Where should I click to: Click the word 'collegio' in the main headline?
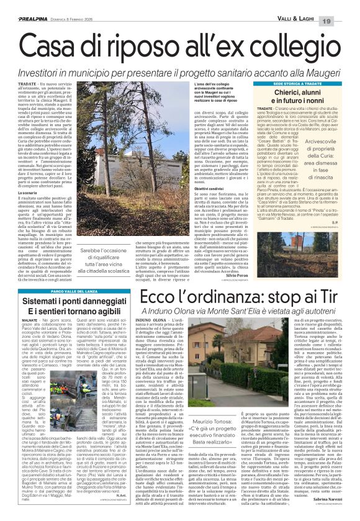pyautogui.click(x=289, y=31)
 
